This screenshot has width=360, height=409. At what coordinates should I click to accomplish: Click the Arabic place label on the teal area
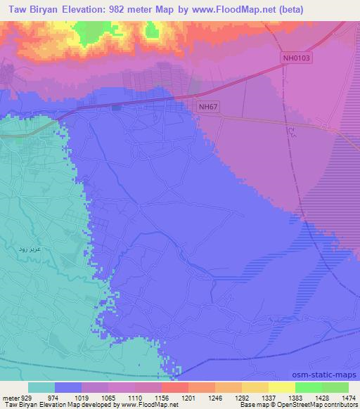[30, 249]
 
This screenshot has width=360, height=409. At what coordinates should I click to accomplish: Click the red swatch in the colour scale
[174, 387]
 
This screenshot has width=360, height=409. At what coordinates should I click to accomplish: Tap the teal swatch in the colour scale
[41, 387]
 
